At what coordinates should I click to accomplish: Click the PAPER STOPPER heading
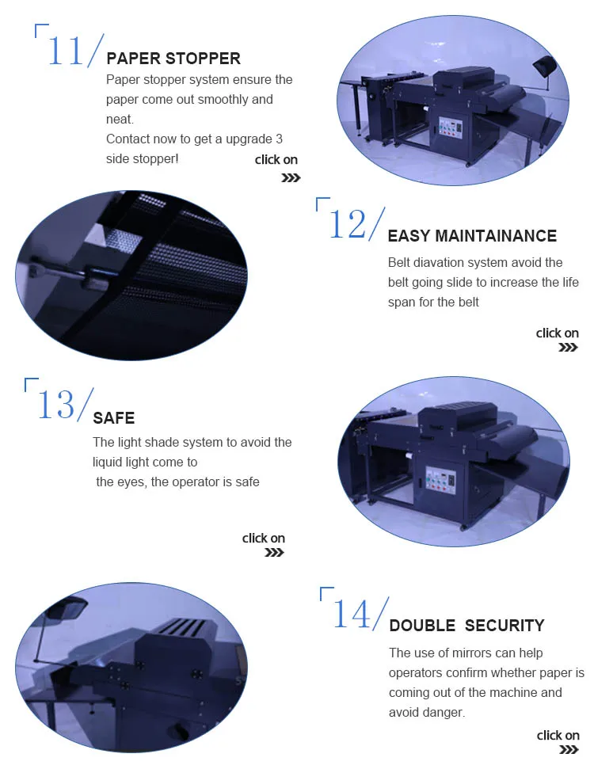click(173, 59)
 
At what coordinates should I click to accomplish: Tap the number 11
click(65, 50)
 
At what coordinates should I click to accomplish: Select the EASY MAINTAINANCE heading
click(472, 236)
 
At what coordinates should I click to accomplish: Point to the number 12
click(347, 225)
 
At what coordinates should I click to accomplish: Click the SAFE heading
click(114, 418)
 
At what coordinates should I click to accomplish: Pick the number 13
click(56, 405)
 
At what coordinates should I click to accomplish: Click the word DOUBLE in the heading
click(422, 626)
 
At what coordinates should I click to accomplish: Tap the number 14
click(352, 614)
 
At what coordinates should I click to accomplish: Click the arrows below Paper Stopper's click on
click(291, 177)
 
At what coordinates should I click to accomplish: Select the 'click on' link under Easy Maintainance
click(558, 333)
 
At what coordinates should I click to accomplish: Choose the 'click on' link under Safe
click(264, 538)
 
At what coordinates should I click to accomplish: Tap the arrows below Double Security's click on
click(569, 750)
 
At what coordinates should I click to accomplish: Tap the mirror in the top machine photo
click(544, 65)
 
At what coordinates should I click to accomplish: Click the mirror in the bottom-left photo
click(67, 608)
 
